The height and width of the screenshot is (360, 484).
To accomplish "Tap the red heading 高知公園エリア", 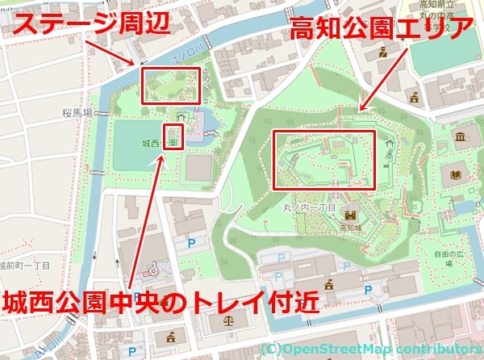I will click(x=382, y=31).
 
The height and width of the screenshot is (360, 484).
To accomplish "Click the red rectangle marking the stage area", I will click(x=169, y=86).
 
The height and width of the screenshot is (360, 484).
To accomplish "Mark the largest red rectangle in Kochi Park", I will click(x=324, y=160).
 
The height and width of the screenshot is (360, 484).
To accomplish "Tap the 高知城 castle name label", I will click(x=351, y=228).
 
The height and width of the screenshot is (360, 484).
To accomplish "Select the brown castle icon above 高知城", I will click(x=351, y=215).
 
